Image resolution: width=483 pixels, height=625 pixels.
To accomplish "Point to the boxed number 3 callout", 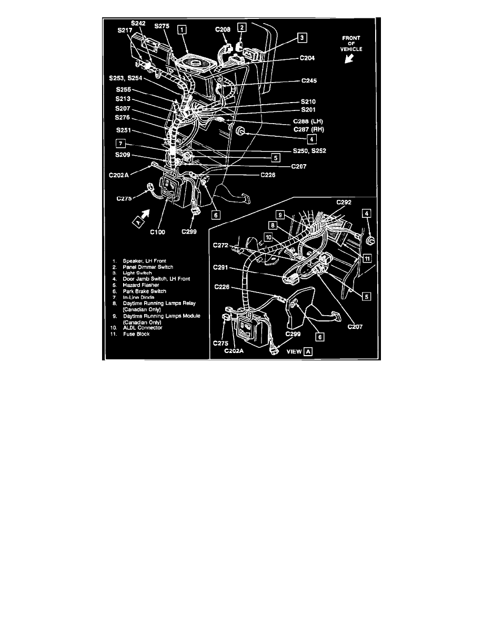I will point(301,37).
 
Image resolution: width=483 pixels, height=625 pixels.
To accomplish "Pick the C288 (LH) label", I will point(308,120).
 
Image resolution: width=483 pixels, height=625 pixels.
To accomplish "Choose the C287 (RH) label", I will point(308,128).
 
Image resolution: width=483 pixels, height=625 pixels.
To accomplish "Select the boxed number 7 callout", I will point(120,143).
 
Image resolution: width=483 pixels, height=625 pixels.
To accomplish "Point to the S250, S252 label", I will point(310,150).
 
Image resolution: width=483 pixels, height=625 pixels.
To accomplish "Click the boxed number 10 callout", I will point(268,237).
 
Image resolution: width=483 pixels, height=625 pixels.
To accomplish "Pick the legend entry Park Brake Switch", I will point(144,291).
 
